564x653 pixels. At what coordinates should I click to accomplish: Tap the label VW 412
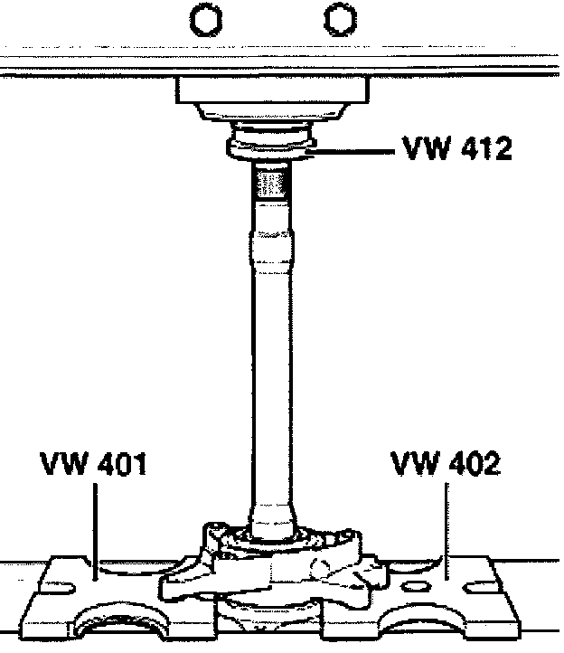pos(456,147)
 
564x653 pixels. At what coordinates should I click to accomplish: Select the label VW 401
pos(93,464)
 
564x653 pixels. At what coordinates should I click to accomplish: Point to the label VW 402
pos(445,464)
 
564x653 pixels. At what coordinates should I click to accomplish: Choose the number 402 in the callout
pos(471,464)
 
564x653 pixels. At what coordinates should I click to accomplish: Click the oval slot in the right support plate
pos(414,587)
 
